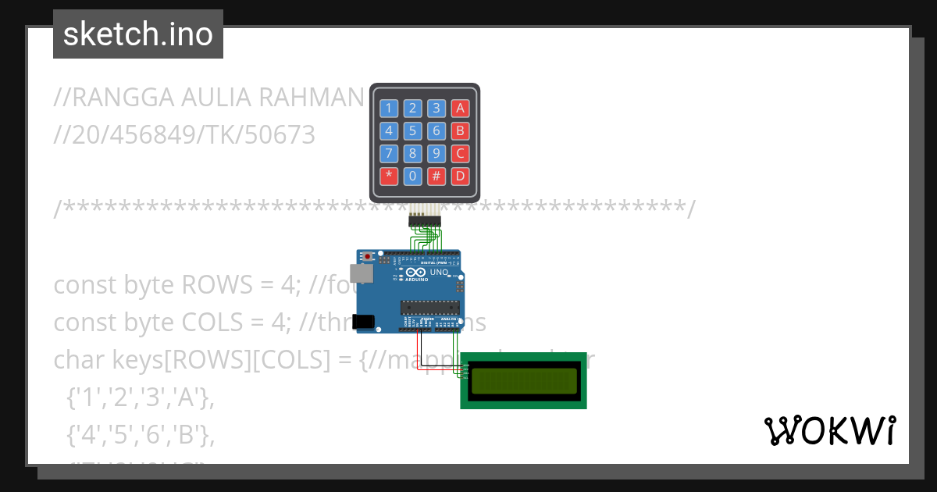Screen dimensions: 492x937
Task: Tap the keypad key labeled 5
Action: click(x=413, y=130)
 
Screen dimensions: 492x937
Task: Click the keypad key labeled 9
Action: click(x=436, y=153)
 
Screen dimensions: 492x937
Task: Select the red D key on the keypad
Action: click(x=461, y=176)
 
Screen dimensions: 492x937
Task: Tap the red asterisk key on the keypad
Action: click(x=389, y=176)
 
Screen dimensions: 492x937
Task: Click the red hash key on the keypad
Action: click(x=436, y=176)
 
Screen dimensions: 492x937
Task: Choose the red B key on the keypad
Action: click(x=461, y=130)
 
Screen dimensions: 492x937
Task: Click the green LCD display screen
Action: click(x=524, y=380)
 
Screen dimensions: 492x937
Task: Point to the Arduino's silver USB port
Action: click(x=361, y=273)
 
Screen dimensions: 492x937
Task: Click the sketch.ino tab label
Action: click(x=138, y=34)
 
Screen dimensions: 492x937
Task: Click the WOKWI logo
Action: click(x=829, y=431)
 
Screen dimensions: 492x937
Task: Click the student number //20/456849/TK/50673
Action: click(x=184, y=135)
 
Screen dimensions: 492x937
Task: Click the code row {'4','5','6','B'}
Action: click(x=140, y=437)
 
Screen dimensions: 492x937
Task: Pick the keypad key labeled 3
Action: click(x=436, y=109)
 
